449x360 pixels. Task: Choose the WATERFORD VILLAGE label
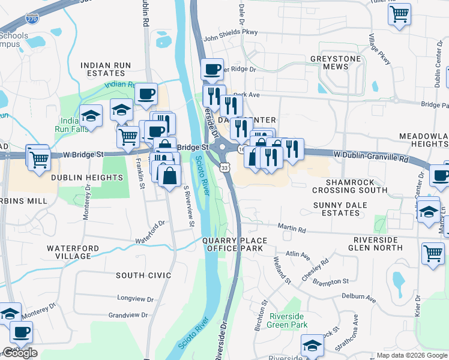(68, 252)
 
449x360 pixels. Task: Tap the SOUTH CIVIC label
(143, 275)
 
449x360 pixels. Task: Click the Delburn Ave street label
(358, 297)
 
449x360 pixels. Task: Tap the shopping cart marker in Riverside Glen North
(433, 253)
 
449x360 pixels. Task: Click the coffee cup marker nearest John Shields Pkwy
(211, 69)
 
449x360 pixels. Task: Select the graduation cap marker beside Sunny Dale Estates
(428, 212)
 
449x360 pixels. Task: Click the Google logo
(20, 353)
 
